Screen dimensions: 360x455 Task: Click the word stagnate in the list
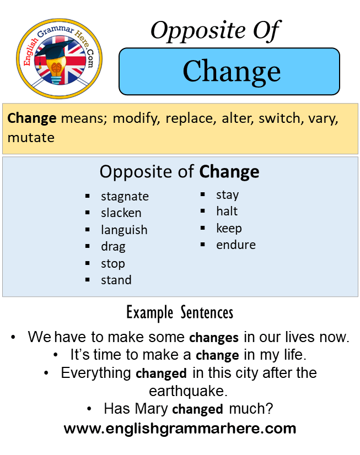(125, 197)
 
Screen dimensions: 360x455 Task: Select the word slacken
(121, 213)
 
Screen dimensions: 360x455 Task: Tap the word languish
(124, 230)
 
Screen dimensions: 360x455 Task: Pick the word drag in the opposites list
(113, 247)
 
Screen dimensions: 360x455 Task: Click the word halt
(227, 211)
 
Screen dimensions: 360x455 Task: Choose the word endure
(236, 245)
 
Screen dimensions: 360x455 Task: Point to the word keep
(229, 229)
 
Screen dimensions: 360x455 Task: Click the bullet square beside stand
(88, 280)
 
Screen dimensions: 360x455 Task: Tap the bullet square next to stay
(203, 194)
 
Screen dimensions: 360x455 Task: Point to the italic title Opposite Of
(215, 31)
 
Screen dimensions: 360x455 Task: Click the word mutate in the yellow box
(31, 138)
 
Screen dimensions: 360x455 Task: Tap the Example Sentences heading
(180, 313)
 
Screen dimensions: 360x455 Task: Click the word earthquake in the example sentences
(188, 391)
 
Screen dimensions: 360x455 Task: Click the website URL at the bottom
(180, 429)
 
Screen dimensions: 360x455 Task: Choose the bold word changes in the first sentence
(214, 338)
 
